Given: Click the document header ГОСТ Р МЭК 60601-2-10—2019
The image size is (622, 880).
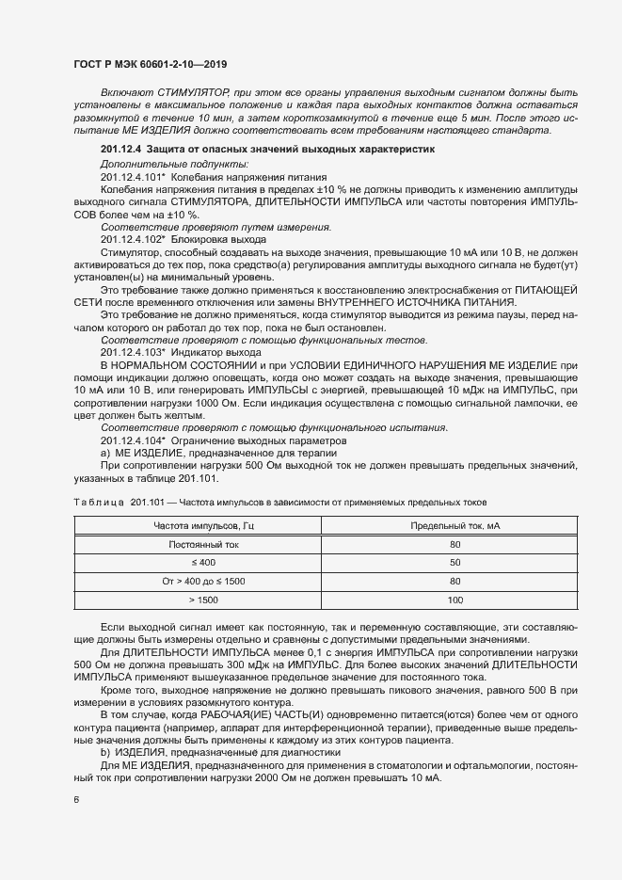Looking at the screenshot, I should click(150, 65).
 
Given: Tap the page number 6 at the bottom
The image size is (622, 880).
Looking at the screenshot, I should click(76, 801).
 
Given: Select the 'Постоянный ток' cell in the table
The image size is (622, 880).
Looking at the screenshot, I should click(203, 545).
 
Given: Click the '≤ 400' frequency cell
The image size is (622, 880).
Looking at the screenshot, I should click(203, 563).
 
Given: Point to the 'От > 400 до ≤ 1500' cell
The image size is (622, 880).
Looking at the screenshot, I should click(203, 581).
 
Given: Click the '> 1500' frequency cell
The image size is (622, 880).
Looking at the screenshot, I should click(203, 599).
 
